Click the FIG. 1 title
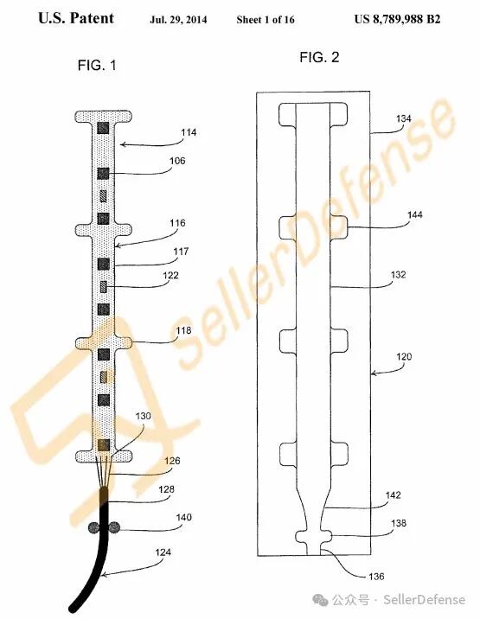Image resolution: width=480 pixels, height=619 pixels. (x=97, y=65)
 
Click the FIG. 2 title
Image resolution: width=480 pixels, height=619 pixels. (x=319, y=57)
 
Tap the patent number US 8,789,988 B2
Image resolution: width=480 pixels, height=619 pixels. (x=397, y=19)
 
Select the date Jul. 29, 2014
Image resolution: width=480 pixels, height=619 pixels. (x=178, y=19)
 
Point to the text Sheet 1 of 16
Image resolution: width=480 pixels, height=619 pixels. (x=266, y=19)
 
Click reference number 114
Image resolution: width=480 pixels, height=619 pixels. (x=189, y=132)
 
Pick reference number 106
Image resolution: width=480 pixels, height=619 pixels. (x=177, y=161)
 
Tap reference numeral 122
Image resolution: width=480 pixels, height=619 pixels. (x=170, y=275)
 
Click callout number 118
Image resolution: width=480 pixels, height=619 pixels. (x=183, y=330)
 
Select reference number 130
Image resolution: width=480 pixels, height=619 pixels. (x=143, y=416)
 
